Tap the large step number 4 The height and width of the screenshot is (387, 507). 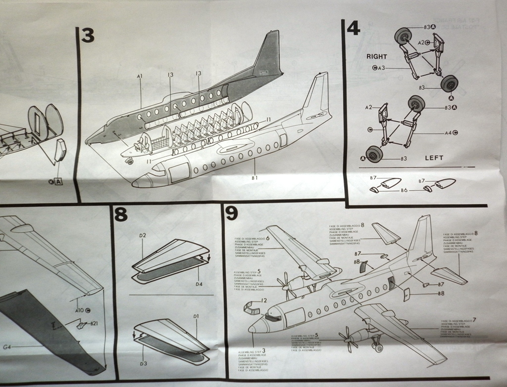(353, 28)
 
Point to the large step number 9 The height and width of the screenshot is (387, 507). (231, 213)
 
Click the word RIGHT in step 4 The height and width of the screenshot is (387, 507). (377, 56)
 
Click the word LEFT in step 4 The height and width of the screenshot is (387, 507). (434, 158)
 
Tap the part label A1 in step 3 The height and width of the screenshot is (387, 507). (140, 76)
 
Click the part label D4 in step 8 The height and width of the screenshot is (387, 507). (199, 284)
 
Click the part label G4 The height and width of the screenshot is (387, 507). (7, 347)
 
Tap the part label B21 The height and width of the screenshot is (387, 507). (94, 323)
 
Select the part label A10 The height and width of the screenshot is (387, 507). (78, 310)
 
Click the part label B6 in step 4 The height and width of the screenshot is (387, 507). (404, 190)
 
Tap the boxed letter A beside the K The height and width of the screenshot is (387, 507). (59, 181)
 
